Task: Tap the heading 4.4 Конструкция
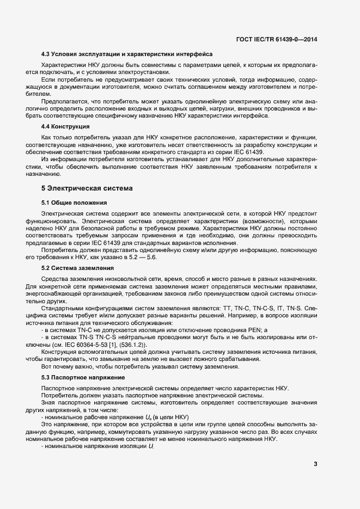(66, 126)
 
